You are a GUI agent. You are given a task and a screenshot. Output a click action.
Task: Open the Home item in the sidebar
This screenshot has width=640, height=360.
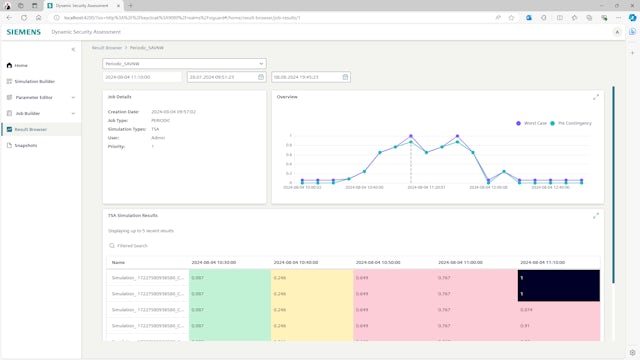[21, 65]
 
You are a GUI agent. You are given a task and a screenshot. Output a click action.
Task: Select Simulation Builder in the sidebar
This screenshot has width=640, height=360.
[34, 81]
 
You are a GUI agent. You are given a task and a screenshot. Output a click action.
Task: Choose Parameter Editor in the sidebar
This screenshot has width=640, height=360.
[33, 97]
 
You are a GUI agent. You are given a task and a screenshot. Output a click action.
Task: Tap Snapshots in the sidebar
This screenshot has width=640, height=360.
[26, 145]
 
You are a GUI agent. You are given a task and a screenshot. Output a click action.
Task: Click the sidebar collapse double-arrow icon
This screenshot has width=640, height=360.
[72, 49]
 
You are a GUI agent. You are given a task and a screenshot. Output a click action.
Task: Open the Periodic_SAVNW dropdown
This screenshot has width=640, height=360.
[184, 63]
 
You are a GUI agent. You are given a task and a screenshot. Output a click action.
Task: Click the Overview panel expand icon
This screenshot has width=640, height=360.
[596, 97]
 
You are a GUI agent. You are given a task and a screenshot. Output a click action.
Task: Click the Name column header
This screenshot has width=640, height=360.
[119, 262]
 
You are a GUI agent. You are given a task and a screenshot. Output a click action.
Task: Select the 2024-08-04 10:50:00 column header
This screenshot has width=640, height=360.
[378, 262]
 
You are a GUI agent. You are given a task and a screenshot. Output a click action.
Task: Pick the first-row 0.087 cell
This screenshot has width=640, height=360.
[197, 277]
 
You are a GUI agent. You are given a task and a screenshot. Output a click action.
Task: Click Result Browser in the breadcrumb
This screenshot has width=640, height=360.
[106, 47]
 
